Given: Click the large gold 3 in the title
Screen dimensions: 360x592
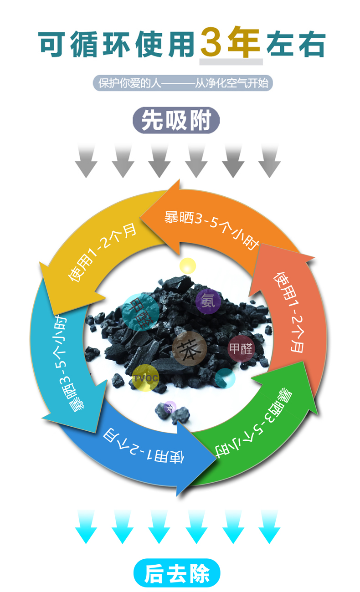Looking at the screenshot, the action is [214, 42].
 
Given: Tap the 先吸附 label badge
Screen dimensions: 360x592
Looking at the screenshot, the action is [176, 121].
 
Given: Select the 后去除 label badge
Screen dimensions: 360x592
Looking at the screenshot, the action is [177, 573].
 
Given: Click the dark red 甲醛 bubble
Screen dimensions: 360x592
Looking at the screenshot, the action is [241, 349].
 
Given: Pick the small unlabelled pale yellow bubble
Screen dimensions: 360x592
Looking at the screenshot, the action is [187, 265].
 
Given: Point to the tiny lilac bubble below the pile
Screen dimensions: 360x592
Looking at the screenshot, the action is [170, 407].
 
